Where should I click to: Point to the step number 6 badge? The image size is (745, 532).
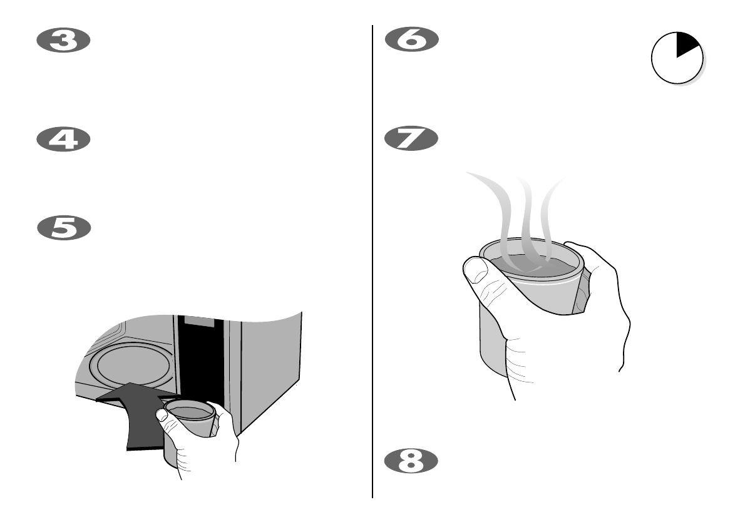coord(411,41)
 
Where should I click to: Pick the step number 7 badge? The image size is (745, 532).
coord(411,139)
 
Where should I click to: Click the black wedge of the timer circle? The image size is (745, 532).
coord(686,45)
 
